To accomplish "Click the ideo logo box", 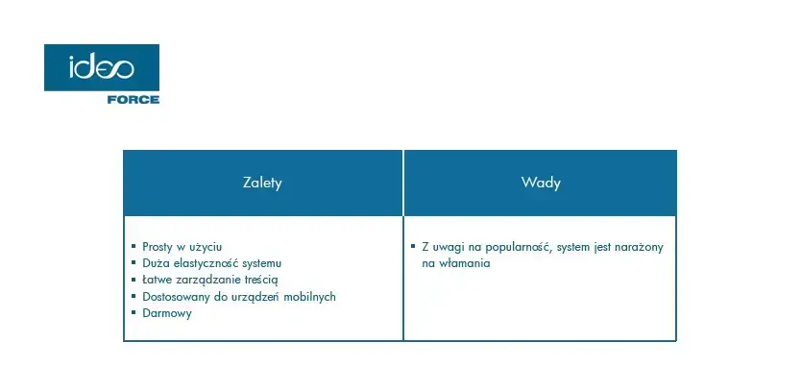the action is click(102, 67).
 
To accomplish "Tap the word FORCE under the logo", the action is click(133, 100).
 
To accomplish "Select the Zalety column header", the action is click(262, 183).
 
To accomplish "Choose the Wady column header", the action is click(541, 183).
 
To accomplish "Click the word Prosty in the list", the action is click(158, 247).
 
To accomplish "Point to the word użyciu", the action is click(206, 247).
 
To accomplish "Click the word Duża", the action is click(157, 263).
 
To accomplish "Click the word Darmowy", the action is click(167, 313).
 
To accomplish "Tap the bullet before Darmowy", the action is click(133, 311).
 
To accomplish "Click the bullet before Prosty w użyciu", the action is click(133, 246).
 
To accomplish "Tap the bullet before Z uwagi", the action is click(413, 246).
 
